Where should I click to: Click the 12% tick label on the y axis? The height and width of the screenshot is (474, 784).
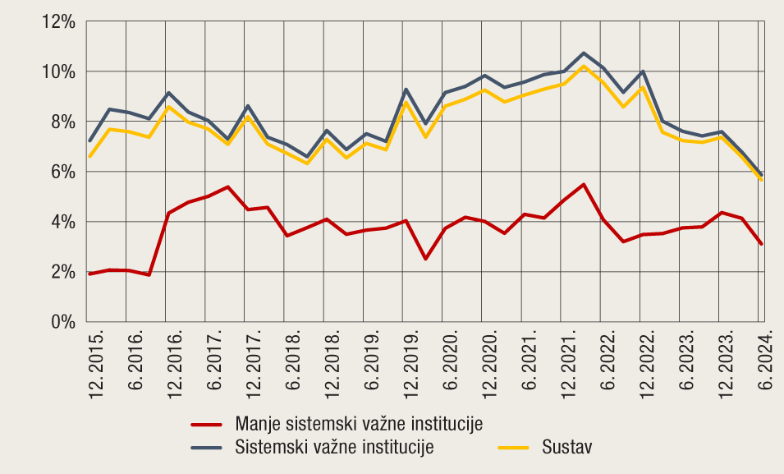[x=59, y=21]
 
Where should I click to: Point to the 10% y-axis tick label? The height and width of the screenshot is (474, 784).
[x=59, y=71]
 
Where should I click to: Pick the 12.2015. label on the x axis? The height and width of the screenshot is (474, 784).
[x=96, y=365]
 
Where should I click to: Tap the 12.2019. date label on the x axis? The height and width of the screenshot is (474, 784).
[x=411, y=365]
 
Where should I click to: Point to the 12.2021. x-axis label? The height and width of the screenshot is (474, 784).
[x=568, y=365]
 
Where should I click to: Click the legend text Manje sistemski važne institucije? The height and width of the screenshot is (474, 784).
[x=358, y=424]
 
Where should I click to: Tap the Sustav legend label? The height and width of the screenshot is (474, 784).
[x=566, y=447]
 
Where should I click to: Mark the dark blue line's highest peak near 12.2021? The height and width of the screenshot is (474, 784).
[x=583, y=53]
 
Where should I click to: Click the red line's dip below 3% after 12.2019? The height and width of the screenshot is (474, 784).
[x=425, y=259]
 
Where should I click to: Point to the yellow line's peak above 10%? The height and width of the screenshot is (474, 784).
[x=583, y=67]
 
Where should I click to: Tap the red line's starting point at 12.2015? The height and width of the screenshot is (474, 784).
[x=90, y=274]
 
